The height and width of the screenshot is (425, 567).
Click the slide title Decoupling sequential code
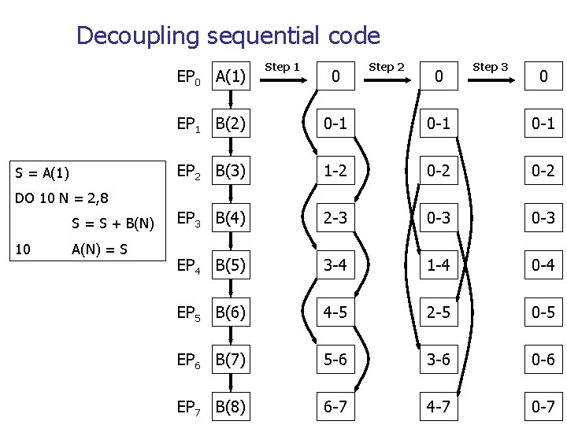point(228,35)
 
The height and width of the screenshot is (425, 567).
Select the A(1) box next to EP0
point(231,76)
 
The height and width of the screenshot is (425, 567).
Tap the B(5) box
point(231,265)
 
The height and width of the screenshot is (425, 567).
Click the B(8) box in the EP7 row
point(231,407)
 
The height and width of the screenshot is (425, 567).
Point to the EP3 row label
point(190,219)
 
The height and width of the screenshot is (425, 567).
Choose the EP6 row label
point(190,360)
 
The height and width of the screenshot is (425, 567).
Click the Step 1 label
point(281,67)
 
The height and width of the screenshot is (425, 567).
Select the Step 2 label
point(386,67)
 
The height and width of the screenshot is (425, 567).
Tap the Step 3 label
point(490,67)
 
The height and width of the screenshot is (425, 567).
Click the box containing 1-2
point(336,171)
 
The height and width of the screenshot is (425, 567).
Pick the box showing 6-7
point(336,407)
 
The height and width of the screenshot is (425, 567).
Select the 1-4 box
point(439,265)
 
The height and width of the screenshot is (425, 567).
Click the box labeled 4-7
point(439,407)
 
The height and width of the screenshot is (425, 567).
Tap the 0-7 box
point(543,407)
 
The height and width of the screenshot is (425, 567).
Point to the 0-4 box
point(543,265)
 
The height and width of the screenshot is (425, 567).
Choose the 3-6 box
point(439,360)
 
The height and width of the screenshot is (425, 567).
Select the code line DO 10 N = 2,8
point(61,198)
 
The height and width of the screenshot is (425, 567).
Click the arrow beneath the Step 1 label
point(280,79)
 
